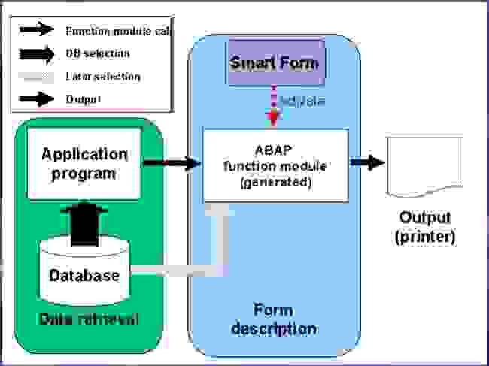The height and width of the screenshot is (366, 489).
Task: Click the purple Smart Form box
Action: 274,62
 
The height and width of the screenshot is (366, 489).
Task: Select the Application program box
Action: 84,163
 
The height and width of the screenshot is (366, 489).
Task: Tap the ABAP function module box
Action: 275,165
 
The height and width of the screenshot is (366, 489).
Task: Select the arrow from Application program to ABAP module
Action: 172,162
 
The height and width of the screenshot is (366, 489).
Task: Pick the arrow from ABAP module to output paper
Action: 367,163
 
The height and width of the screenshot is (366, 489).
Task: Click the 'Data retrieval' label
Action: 90,319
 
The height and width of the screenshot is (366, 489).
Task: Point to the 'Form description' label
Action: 274,319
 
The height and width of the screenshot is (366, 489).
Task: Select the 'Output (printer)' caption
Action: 425,227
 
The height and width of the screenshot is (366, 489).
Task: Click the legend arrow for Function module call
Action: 37,30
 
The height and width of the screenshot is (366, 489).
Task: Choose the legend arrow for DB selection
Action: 37,53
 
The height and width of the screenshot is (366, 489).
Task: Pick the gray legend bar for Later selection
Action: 37,77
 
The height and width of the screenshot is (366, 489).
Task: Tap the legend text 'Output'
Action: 84,99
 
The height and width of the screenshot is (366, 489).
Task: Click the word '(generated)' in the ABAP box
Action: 275,182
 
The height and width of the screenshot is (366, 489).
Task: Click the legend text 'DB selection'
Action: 98,53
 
